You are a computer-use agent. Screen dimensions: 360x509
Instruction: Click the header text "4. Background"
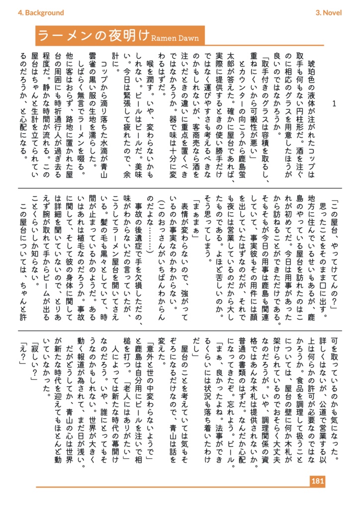pos(41,13)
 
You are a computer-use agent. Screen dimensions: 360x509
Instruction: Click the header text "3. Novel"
pos(329,13)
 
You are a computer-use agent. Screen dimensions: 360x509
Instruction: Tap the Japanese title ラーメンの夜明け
pos(93,36)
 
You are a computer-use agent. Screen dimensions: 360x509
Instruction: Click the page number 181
pos(317,481)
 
